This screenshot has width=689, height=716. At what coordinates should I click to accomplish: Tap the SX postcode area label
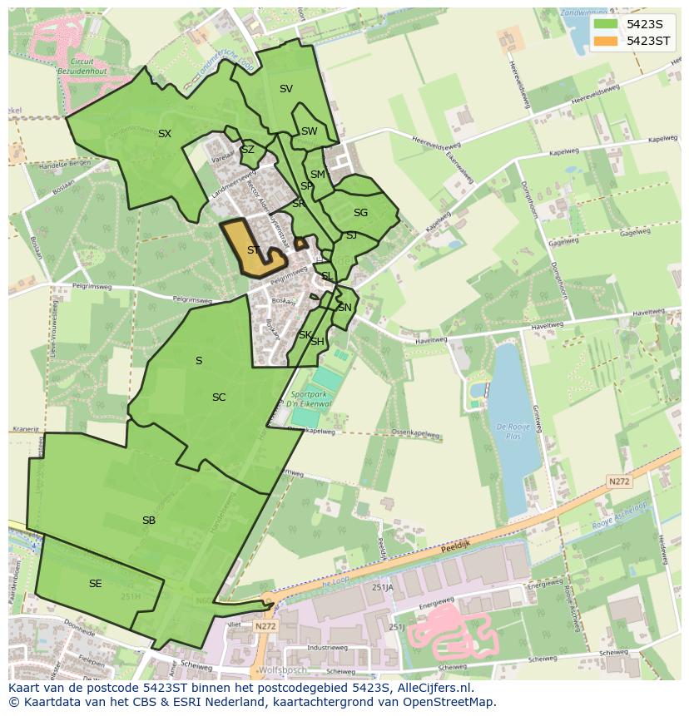[x=165, y=134]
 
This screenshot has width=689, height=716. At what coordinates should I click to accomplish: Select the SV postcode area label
[x=286, y=89]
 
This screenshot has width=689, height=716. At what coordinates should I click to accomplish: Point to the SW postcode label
[x=310, y=131]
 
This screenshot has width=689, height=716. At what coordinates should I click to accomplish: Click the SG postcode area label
[x=360, y=213]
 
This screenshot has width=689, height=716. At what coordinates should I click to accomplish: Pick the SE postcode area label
[x=96, y=584]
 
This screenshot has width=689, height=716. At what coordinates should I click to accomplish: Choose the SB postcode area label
[x=149, y=521]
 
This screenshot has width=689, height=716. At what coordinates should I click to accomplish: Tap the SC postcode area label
[x=219, y=398]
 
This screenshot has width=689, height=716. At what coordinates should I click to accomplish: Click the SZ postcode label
[x=248, y=151]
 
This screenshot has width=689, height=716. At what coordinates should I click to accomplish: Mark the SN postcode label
[x=344, y=308]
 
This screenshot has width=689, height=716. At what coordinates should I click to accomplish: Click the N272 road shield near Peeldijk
[x=618, y=481]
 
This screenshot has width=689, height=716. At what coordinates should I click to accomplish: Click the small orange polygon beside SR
[x=300, y=244]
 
